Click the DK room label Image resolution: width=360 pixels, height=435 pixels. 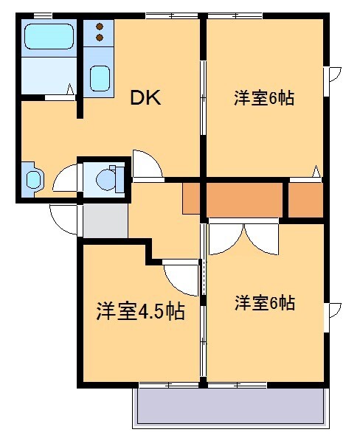coord(145,97)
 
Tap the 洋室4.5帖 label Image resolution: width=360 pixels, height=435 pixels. coord(140,312)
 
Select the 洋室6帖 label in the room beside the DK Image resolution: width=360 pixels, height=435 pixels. coord(264,98)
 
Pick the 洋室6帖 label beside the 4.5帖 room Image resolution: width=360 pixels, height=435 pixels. coord(265,302)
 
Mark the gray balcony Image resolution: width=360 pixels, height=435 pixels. coord(230,407)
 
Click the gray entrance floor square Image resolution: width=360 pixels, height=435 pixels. coord(105,220)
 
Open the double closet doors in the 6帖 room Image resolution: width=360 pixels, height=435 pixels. coord(243,237)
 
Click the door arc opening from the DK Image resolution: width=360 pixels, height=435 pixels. coord(146,166)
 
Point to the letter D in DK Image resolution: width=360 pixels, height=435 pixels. coord(137,97)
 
